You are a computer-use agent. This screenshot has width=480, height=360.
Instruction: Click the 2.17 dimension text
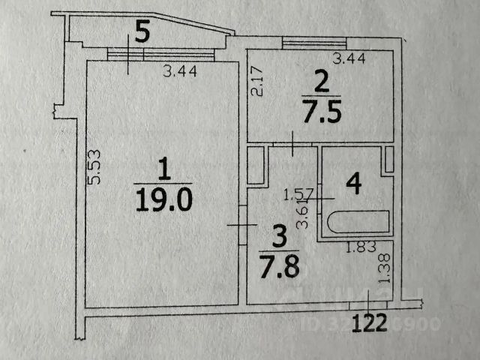point(257,81)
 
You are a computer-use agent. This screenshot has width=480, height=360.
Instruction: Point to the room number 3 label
point(279,237)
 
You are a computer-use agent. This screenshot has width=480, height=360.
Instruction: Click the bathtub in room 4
point(358,223)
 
